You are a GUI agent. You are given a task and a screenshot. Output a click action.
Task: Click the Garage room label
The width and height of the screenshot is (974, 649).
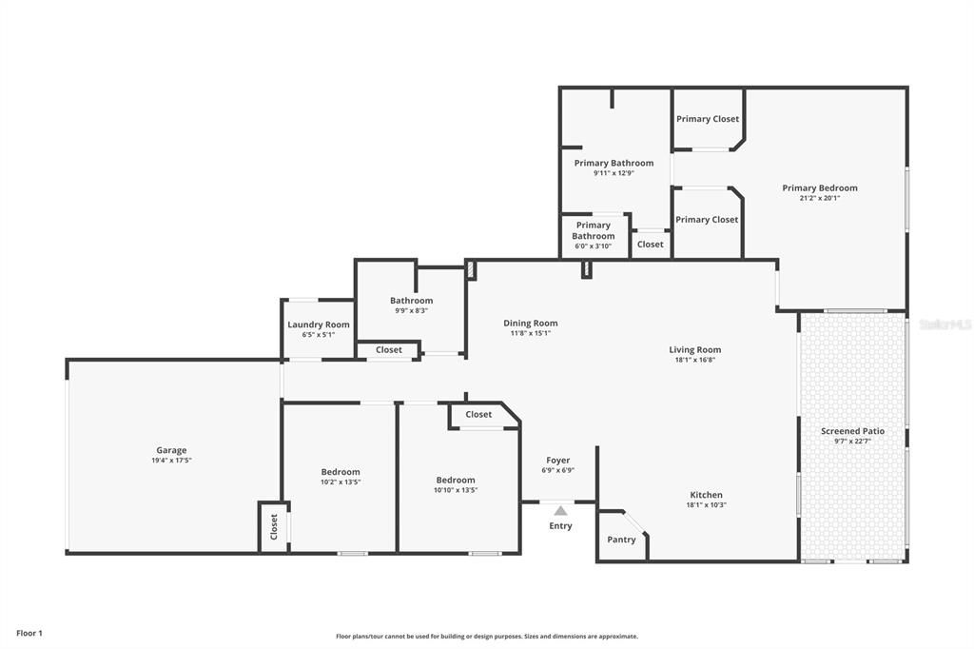pyautogui.click(x=171, y=450)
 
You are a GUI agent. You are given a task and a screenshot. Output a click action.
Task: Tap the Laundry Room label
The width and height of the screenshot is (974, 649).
pyautogui.click(x=319, y=324)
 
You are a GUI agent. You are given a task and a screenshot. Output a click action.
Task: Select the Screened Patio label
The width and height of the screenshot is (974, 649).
pyautogui.click(x=852, y=431)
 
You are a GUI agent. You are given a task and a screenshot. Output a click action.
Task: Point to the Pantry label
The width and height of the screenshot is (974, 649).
pyautogui.click(x=621, y=540)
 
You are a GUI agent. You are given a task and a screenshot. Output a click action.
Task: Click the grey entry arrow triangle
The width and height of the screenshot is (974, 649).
pyautogui.click(x=560, y=511)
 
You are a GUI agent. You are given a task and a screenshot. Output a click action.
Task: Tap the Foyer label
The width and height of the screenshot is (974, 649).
pyautogui.click(x=557, y=460)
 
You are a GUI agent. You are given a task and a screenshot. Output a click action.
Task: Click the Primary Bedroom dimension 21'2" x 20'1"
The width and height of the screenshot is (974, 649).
pyautogui.click(x=819, y=198)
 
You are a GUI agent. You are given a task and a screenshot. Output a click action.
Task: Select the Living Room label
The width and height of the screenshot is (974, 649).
pyautogui.click(x=694, y=349)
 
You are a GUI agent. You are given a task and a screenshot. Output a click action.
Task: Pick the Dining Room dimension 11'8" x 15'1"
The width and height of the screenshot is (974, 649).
pyautogui.click(x=530, y=333)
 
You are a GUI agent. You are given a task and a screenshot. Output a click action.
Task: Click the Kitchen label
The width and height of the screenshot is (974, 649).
pyautogui.click(x=706, y=495)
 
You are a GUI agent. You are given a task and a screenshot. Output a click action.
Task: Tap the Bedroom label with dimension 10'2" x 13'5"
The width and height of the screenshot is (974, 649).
pyautogui.click(x=341, y=472)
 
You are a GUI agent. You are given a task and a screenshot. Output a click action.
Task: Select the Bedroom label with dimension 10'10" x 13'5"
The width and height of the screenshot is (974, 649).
pyautogui.click(x=456, y=480)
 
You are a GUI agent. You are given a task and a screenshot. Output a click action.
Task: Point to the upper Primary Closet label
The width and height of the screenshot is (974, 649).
pyautogui.click(x=707, y=119)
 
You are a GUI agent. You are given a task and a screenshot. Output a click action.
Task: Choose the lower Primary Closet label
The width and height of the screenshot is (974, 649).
pyautogui.click(x=707, y=219)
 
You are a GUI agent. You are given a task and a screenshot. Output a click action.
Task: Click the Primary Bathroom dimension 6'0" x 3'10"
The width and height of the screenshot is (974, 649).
pyautogui.click(x=593, y=246)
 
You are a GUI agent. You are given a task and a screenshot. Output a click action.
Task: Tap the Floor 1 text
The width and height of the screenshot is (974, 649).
pyautogui.click(x=29, y=633)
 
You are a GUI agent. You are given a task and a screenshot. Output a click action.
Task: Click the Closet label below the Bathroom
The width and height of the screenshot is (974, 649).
pyautogui.click(x=388, y=349)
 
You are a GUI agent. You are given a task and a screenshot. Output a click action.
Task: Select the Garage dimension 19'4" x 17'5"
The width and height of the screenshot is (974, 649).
pyautogui.click(x=171, y=461)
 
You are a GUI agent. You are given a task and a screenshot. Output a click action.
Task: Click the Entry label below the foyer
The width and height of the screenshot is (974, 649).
pyautogui.click(x=560, y=525)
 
